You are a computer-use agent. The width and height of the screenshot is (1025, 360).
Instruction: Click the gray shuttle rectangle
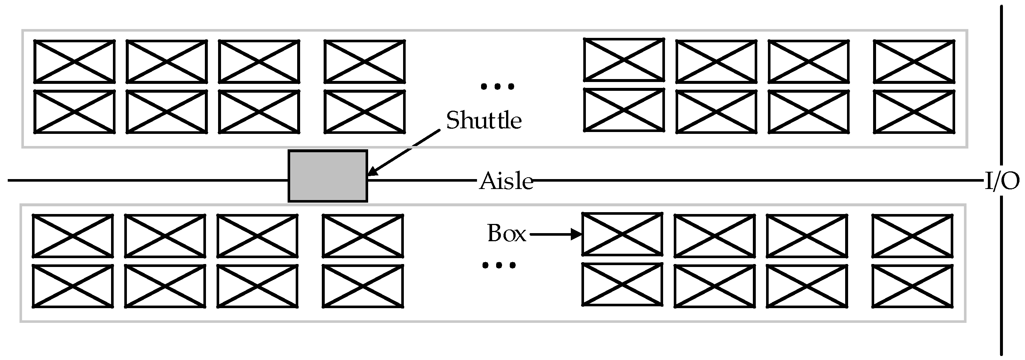pyautogui.click(x=327, y=176)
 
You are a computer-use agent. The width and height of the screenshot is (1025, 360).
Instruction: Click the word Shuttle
pyautogui.click(x=484, y=120)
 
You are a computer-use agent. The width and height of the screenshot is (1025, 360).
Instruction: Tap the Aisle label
pyautogui.click(x=506, y=181)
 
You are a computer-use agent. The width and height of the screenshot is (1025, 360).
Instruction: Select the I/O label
pyautogui.click(x=1001, y=181)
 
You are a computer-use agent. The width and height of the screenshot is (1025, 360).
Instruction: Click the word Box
pyautogui.click(x=506, y=234)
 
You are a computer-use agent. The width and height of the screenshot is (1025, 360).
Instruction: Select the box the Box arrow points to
pyautogui.click(x=622, y=234)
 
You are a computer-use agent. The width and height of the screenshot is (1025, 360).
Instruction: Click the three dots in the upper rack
pyautogui.click(x=497, y=86)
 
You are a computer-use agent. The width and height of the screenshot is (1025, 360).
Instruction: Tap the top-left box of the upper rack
pyautogui.click(x=74, y=61)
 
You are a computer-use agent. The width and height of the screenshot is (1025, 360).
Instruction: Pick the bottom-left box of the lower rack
pyautogui.click(x=73, y=286)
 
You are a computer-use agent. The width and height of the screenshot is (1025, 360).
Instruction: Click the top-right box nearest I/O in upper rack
pyautogui.click(x=914, y=61)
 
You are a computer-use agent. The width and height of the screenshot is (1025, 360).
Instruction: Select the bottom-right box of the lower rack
pyautogui.click(x=912, y=286)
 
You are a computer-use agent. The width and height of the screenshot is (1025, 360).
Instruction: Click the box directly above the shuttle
pyautogui.click(x=364, y=111)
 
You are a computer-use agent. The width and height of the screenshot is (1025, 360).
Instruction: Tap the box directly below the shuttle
pyautogui.click(x=363, y=235)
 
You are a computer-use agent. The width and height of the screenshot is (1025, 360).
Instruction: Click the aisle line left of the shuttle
pyautogui.click(x=147, y=181)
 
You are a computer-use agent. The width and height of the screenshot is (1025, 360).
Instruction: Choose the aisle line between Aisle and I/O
pyautogui.click(x=756, y=181)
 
